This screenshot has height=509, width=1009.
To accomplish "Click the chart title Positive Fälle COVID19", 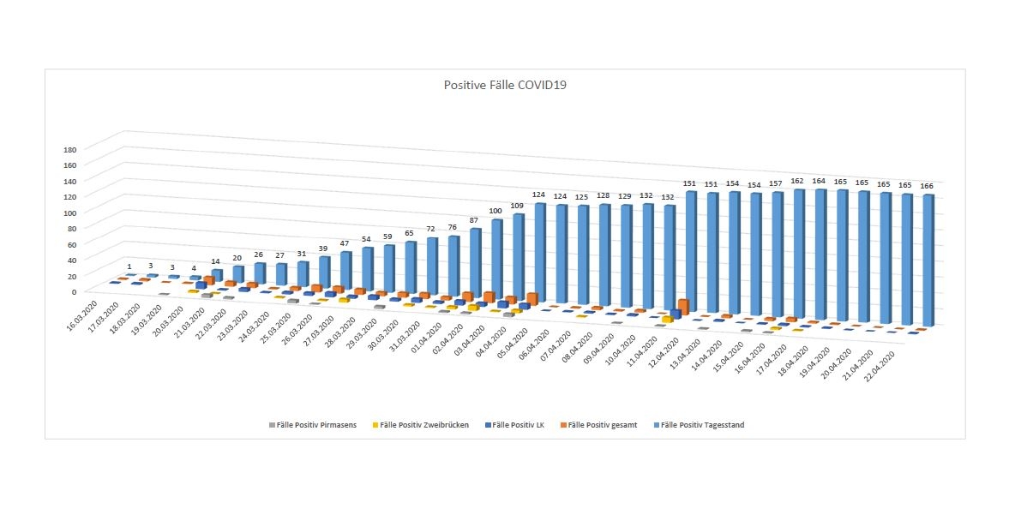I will (x=505, y=85).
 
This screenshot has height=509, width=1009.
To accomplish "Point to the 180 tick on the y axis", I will (x=70, y=149).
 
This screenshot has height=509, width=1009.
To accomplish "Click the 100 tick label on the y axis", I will (x=70, y=213).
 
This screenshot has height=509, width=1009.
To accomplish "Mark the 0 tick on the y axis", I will (x=74, y=291).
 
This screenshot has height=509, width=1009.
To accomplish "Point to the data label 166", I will (x=927, y=185).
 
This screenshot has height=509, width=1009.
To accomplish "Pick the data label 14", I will (x=216, y=260).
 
